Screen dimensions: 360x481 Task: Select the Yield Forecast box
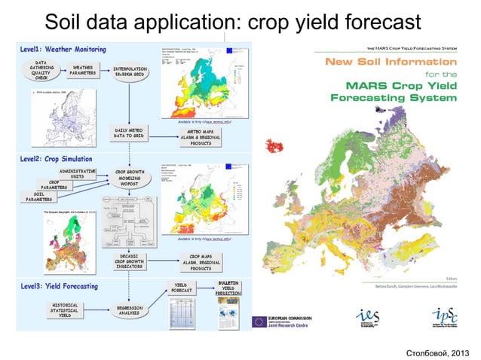pyautogui.click(x=179, y=287)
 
